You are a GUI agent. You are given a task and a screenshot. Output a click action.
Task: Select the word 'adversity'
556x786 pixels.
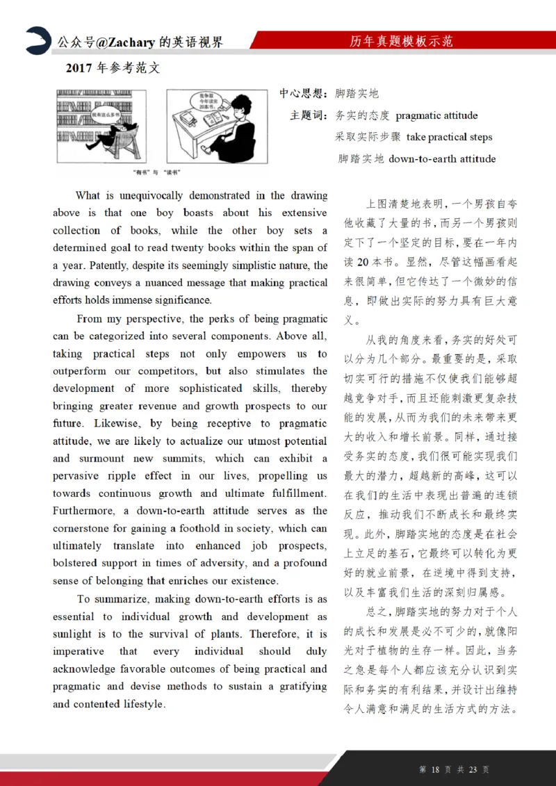pyautogui.click(x=222, y=563)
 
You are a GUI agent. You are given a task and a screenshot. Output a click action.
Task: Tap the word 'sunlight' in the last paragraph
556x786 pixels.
pyautogui.click(x=72, y=634)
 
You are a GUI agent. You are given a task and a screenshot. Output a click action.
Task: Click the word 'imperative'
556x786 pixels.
pyautogui.click(x=79, y=651)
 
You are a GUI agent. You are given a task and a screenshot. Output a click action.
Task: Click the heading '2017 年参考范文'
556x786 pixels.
pyautogui.click(x=113, y=68)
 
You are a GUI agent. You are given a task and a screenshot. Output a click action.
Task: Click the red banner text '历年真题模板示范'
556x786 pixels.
pyautogui.click(x=401, y=42)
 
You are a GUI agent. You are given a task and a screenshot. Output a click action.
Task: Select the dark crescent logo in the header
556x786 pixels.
pyautogui.click(x=38, y=40)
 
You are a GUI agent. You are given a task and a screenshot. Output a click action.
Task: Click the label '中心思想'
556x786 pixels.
pyautogui.click(x=302, y=94)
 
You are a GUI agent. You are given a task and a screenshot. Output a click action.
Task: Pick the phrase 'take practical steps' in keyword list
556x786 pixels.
pyautogui.click(x=449, y=137)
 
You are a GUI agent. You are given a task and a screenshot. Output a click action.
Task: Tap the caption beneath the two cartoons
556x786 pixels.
pyautogui.click(x=157, y=172)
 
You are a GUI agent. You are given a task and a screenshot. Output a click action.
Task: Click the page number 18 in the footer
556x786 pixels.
pyautogui.click(x=436, y=769)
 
